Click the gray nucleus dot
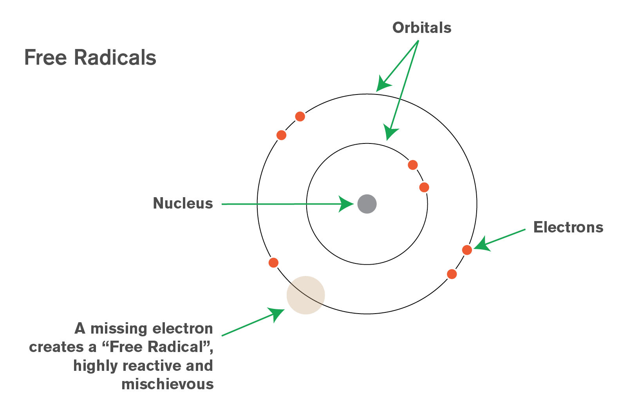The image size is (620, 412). pos(367,204)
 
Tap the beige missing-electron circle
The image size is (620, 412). pos(305,295)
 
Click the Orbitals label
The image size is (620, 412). pos(422,28)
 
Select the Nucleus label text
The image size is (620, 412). pos(183,203)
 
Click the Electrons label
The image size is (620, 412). pos(568,227)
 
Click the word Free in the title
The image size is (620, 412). pos(46,58)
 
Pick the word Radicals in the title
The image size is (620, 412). pos(115,57)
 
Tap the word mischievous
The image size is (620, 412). pos(168,384)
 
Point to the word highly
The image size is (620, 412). pos(96,366)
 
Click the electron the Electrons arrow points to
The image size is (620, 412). pos(467,250)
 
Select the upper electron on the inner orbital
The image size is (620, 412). pos(413,165)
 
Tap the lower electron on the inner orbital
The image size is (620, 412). pos(424,187)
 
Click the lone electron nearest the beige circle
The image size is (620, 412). pos(273,263)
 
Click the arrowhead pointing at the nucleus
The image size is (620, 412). pos(346,204)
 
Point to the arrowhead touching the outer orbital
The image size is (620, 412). pos(383,83)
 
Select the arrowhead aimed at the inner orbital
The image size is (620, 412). pos(390,132)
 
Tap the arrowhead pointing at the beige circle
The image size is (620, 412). pos(277,314)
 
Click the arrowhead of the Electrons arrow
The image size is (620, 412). pos(482,244)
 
